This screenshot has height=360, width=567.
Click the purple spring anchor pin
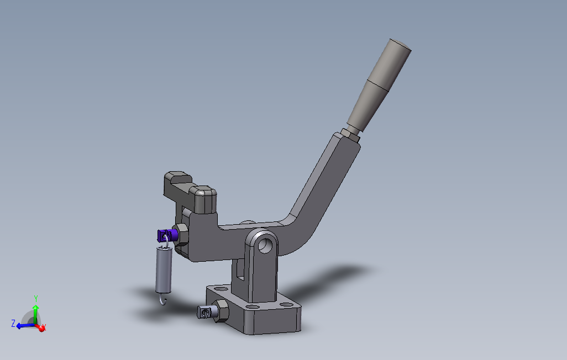point(166,236)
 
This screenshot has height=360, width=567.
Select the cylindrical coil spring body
point(164,269)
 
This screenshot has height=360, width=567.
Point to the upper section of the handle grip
point(390,65)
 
